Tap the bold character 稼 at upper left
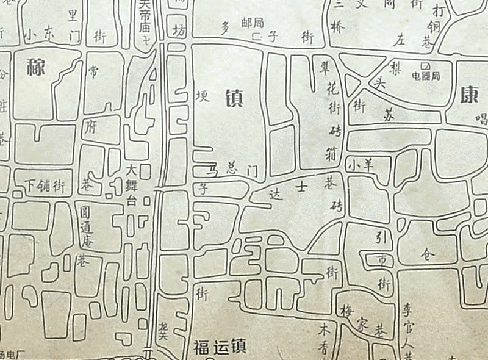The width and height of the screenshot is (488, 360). coord(37,67)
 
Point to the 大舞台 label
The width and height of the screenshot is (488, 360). coord(130,187)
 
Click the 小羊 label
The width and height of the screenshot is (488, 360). coord(360,164)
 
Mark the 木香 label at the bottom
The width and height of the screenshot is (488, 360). coord(324,338)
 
